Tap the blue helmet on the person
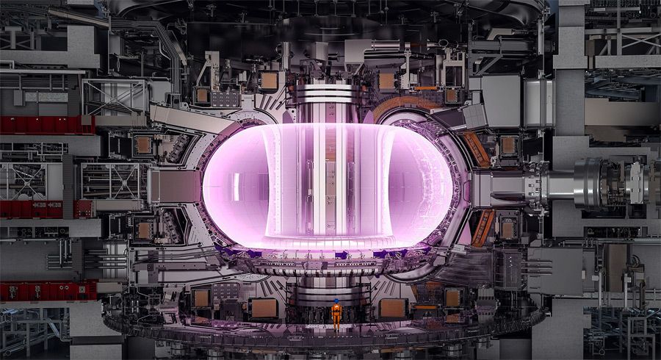tap(336, 301)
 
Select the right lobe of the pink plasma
tap(433, 184)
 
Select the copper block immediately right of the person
tap(393, 308)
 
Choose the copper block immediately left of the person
tap(264, 308)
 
